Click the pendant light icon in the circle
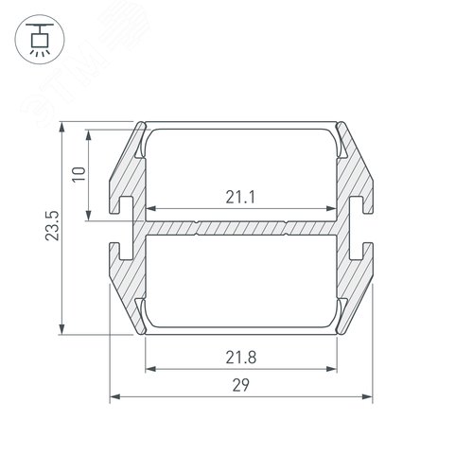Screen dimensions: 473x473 (x=40, y=40)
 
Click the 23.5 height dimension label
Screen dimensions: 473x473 (x=52, y=226)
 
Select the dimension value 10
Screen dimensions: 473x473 (x=79, y=174)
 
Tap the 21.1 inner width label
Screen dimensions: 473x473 (x=240, y=198)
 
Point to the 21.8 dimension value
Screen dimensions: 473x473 (x=241, y=358)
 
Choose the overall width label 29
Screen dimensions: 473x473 (x=241, y=385)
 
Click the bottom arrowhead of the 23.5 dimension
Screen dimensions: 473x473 (x=62, y=328)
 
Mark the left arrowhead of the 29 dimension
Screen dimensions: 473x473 (x=115, y=396)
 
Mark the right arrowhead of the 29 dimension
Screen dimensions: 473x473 (x=367, y=396)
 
